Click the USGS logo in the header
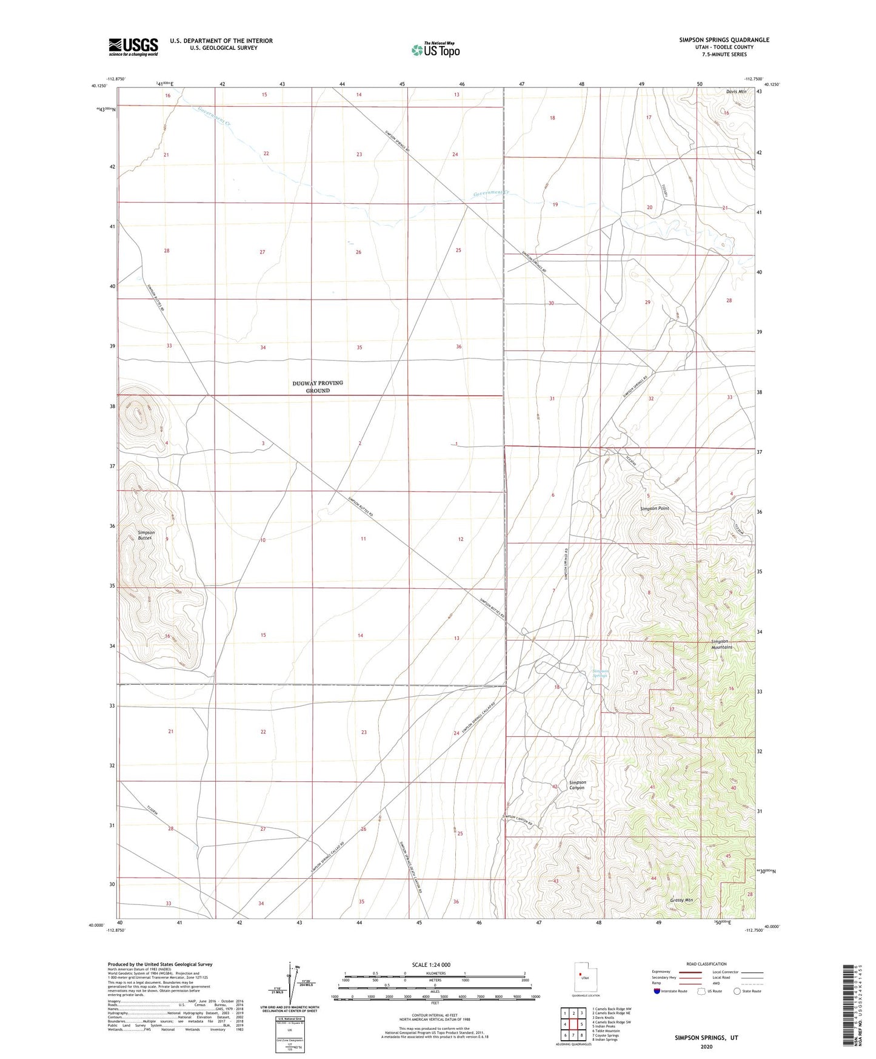[133, 46]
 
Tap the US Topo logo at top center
[435, 50]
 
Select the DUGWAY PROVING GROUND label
[318, 386]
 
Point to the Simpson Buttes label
[146, 535]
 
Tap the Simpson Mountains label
[721, 644]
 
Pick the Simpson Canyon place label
[577, 785]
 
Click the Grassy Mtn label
[682, 900]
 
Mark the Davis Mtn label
[737, 92]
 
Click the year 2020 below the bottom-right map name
[706, 1046]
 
